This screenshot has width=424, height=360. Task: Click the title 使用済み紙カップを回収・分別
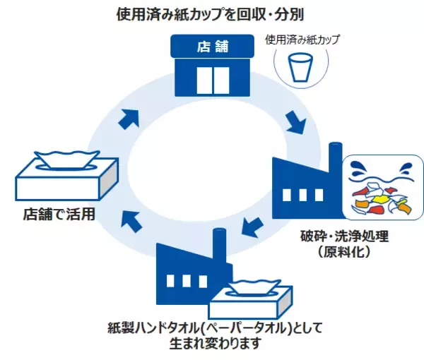pos(212,14)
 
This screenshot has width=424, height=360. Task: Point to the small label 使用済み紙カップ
pos(302,40)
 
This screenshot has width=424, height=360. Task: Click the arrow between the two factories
pos(249,227)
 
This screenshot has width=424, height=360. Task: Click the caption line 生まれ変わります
pos(211,344)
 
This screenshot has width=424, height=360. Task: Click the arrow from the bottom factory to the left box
pos(130,220)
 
